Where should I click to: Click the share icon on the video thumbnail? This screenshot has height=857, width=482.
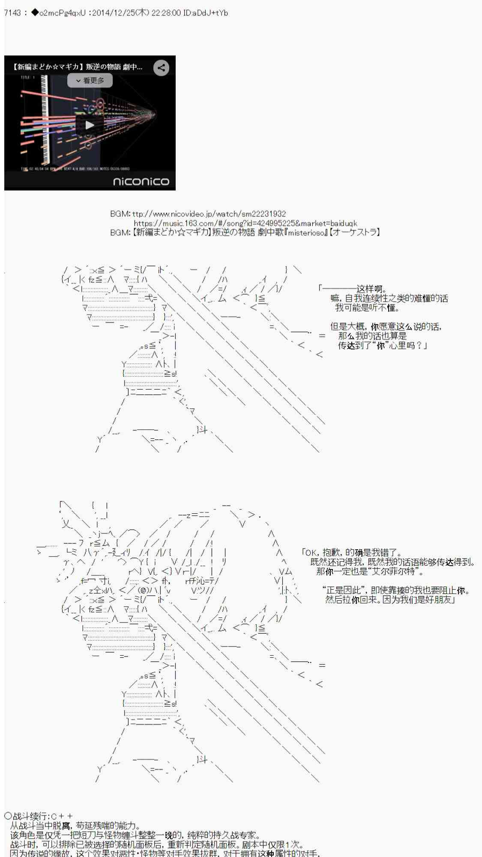161,68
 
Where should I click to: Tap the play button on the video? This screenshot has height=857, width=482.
90,125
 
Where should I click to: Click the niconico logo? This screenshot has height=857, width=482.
141,182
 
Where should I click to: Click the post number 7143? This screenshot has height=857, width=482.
12,13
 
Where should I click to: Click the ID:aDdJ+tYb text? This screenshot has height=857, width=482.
205,13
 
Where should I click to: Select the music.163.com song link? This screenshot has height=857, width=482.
245,223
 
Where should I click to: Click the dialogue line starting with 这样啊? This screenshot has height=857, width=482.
371,289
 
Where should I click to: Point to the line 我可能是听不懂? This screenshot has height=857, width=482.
367,308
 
